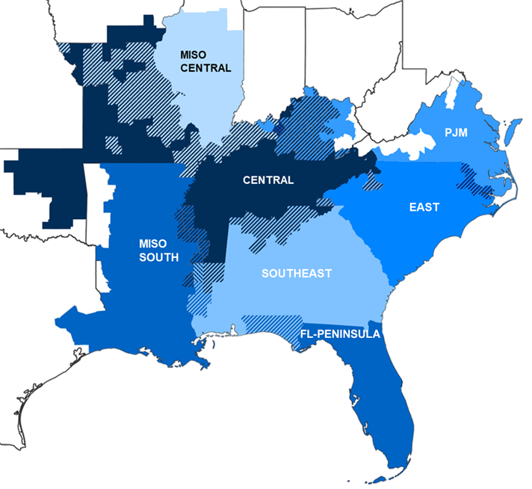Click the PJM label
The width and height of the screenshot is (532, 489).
456,132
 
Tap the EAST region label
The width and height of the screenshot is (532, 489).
424,207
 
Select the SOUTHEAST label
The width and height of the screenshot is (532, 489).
296,274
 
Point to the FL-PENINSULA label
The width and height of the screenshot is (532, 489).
340,333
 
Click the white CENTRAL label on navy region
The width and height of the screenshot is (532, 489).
268,180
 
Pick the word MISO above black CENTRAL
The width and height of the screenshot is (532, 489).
193,54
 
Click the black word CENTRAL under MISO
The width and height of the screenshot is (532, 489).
205,68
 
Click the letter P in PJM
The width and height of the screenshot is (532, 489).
448,132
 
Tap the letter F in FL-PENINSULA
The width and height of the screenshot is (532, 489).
303,333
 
